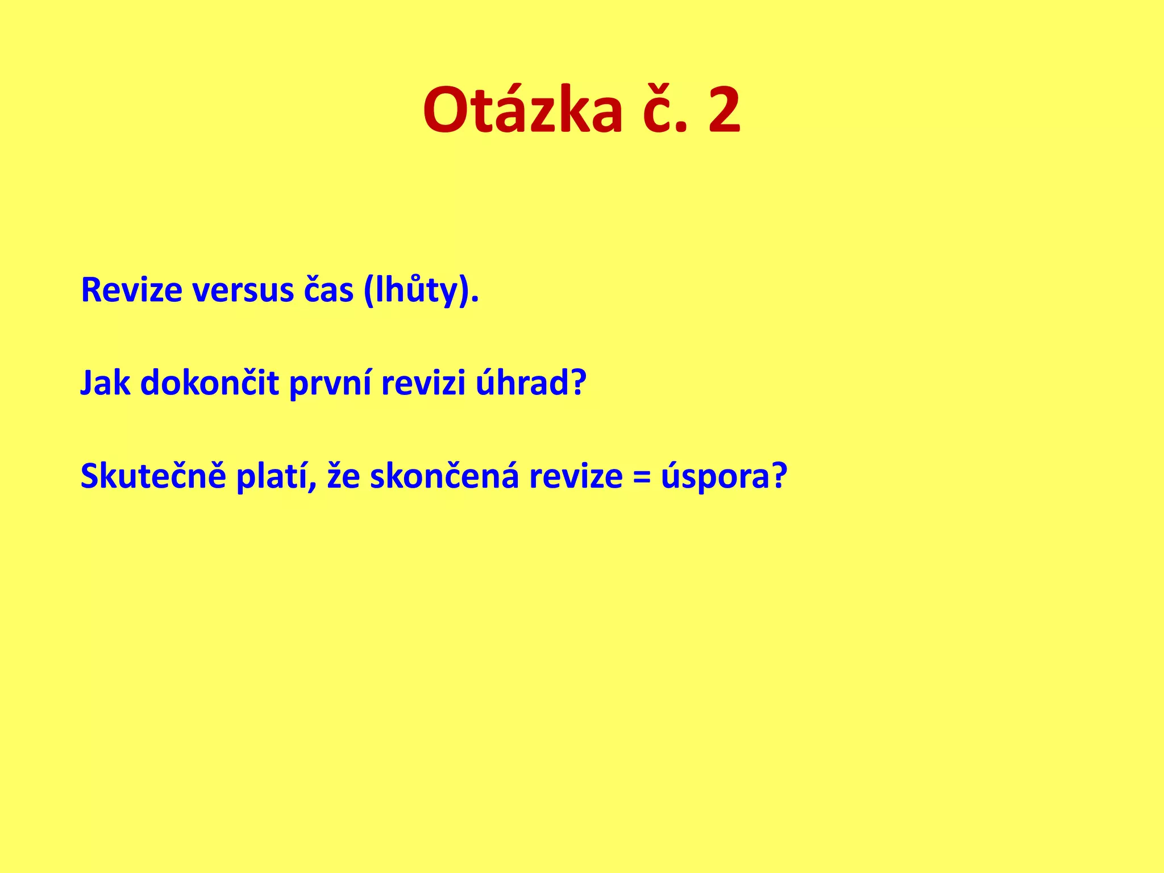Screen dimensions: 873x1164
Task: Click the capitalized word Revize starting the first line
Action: pos(131,290)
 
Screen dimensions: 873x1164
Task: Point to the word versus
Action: pos(242,290)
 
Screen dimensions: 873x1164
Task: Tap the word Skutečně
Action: pos(153,476)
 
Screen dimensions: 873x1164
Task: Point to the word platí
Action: pos(275,476)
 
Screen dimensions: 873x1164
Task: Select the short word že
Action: pos(343,476)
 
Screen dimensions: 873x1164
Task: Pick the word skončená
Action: pos(444,476)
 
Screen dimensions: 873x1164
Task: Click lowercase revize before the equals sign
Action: pos(576,476)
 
